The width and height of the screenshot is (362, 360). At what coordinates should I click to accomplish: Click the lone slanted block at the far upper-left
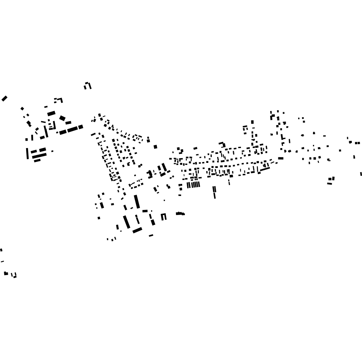click(4, 99)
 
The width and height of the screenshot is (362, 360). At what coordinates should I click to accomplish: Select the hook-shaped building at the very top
click(88, 85)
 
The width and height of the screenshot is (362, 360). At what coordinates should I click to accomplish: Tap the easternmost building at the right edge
click(361, 174)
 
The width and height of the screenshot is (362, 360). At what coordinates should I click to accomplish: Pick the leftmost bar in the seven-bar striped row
click(188, 185)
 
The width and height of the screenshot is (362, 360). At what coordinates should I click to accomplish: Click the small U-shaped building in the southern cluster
click(163, 217)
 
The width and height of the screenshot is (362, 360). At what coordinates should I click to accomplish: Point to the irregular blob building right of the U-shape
click(180, 214)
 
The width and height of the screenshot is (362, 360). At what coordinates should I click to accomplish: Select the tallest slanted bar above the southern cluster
click(137, 201)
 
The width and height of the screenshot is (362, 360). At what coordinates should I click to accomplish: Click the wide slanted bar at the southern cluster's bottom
click(137, 230)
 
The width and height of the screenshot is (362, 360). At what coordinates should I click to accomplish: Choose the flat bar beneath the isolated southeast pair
click(329, 184)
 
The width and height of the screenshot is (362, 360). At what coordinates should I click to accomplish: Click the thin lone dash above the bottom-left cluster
click(2, 261)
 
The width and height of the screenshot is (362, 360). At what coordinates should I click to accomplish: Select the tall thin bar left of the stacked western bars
click(27, 153)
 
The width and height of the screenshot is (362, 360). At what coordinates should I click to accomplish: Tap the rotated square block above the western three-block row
click(62, 118)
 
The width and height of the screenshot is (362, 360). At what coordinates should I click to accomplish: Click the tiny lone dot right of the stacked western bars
click(52, 151)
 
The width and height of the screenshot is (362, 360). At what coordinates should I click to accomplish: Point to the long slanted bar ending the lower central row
click(265, 169)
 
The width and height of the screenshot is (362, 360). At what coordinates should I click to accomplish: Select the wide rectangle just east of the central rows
click(281, 158)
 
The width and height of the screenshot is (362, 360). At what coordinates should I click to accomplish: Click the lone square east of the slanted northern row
click(155, 147)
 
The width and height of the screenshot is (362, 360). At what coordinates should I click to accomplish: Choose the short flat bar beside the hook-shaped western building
click(46, 107)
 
